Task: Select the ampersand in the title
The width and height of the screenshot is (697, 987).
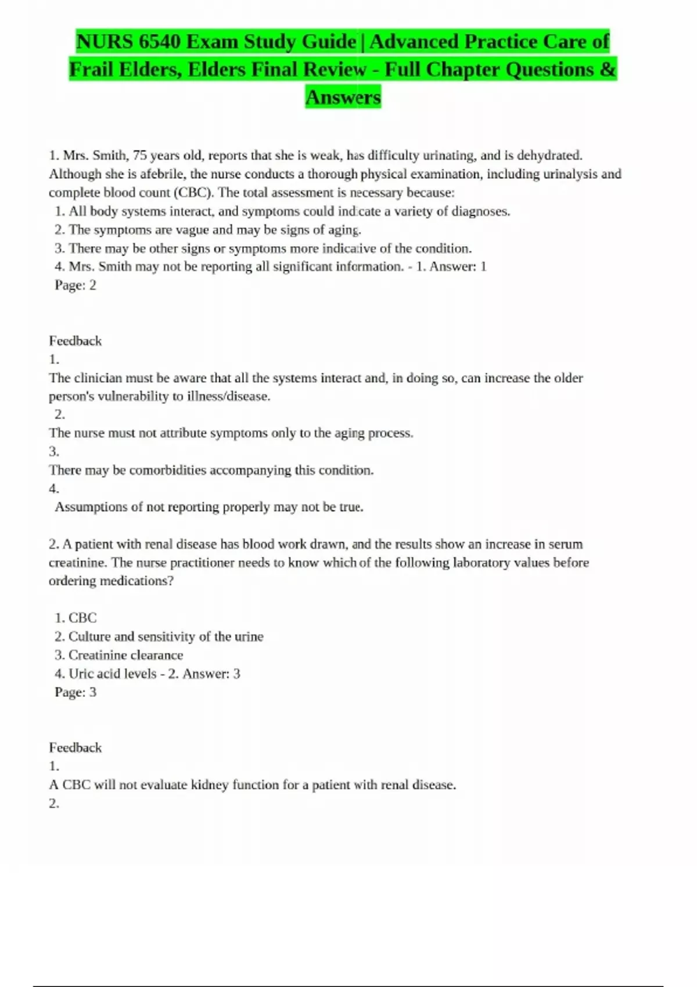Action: point(608,70)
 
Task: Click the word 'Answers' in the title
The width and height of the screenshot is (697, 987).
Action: point(343,97)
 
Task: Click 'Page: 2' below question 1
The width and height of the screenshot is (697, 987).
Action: point(76,285)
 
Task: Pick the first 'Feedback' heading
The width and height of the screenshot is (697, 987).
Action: point(75,341)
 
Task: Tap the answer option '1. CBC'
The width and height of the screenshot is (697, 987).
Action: point(76,618)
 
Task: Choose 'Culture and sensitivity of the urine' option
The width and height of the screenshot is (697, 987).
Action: point(166,636)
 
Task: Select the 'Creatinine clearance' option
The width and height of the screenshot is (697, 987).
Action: point(125,655)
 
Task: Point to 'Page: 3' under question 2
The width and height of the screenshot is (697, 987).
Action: point(76,692)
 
